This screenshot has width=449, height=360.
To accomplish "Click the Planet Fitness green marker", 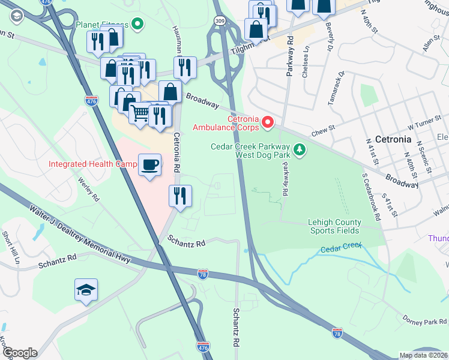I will point(137,25).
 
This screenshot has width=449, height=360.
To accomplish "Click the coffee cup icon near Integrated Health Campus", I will point(149,164).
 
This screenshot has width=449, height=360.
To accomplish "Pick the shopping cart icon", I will point(140,112).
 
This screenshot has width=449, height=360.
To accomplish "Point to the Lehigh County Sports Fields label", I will point(334,226).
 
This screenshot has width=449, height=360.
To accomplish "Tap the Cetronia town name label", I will point(393,139).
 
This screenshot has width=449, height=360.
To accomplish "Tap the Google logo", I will point(20,352).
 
